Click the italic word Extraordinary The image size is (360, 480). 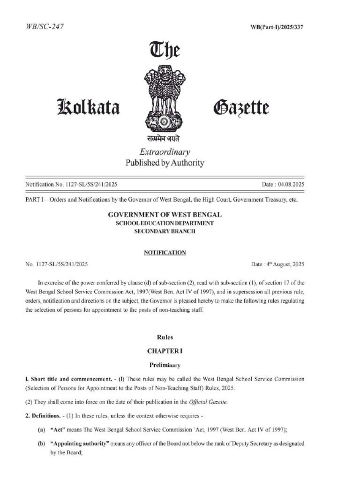(x=165, y=152)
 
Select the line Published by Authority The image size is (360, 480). (x=165, y=163)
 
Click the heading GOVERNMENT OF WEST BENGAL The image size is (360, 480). (x=165, y=215)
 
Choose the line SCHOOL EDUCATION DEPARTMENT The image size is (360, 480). (x=165, y=223)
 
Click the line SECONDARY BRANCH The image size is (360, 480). (x=165, y=232)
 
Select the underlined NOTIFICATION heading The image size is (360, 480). (x=165, y=252)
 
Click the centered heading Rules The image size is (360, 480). (x=165, y=337)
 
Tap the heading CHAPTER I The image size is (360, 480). (x=165, y=351)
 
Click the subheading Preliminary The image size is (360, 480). (x=165, y=364)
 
